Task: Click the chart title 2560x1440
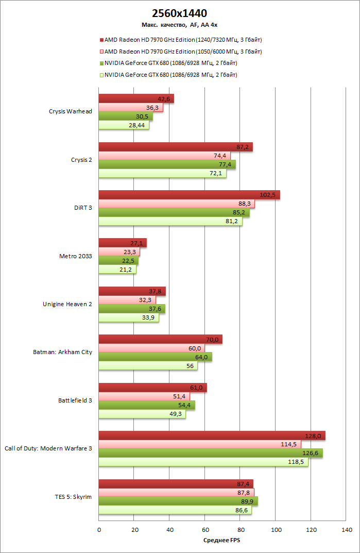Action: point(180,13)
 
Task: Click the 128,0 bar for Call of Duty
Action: point(212,435)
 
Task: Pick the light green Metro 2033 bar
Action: point(117,269)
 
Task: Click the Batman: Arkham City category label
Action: point(62,353)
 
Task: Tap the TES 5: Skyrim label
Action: point(73,496)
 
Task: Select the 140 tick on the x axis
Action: point(346,529)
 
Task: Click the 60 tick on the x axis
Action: point(204,529)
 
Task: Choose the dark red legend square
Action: point(101,40)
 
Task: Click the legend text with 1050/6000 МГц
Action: point(183,52)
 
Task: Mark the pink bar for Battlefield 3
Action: point(144,396)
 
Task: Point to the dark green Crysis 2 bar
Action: point(167,164)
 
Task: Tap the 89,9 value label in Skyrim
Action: point(247,500)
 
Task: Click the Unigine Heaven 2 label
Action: point(67,304)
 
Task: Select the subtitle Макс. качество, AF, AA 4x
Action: point(180,24)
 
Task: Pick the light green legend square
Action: point(101,75)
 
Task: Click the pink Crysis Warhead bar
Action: point(131,108)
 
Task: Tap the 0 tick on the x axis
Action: point(99,529)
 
